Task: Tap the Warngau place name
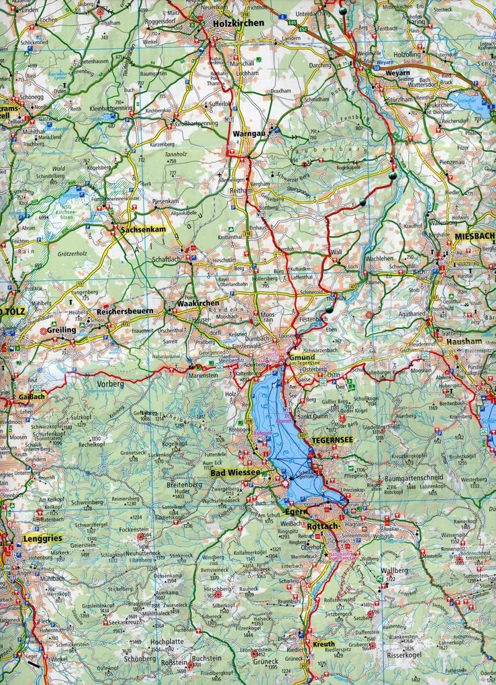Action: point(246,134)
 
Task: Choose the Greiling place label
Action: point(61,330)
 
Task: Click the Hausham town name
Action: point(464,341)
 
